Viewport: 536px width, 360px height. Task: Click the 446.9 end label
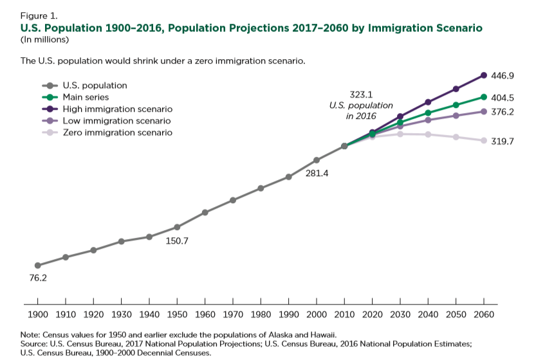[x=502, y=76]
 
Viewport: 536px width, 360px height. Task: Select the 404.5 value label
[x=502, y=98]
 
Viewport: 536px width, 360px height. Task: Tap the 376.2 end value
[x=502, y=112]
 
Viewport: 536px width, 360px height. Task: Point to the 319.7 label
[x=502, y=141]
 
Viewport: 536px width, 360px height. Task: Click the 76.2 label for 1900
[x=37, y=278]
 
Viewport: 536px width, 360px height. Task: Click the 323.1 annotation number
[x=362, y=94]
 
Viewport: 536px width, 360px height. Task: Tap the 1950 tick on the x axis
[x=177, y=315]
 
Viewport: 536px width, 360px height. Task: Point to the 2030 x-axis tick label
[x=400, y=315]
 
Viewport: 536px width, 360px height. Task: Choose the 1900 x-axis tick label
[x=37, y=315]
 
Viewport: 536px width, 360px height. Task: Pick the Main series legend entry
[x=86, y=97]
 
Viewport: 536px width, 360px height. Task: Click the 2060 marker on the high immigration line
[x=484, y=75]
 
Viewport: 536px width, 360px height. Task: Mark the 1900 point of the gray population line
[x=37, y=265]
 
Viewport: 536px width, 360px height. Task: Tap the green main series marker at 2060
[x=484, y=97]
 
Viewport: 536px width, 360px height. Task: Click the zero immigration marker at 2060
[x=484, y=140]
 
